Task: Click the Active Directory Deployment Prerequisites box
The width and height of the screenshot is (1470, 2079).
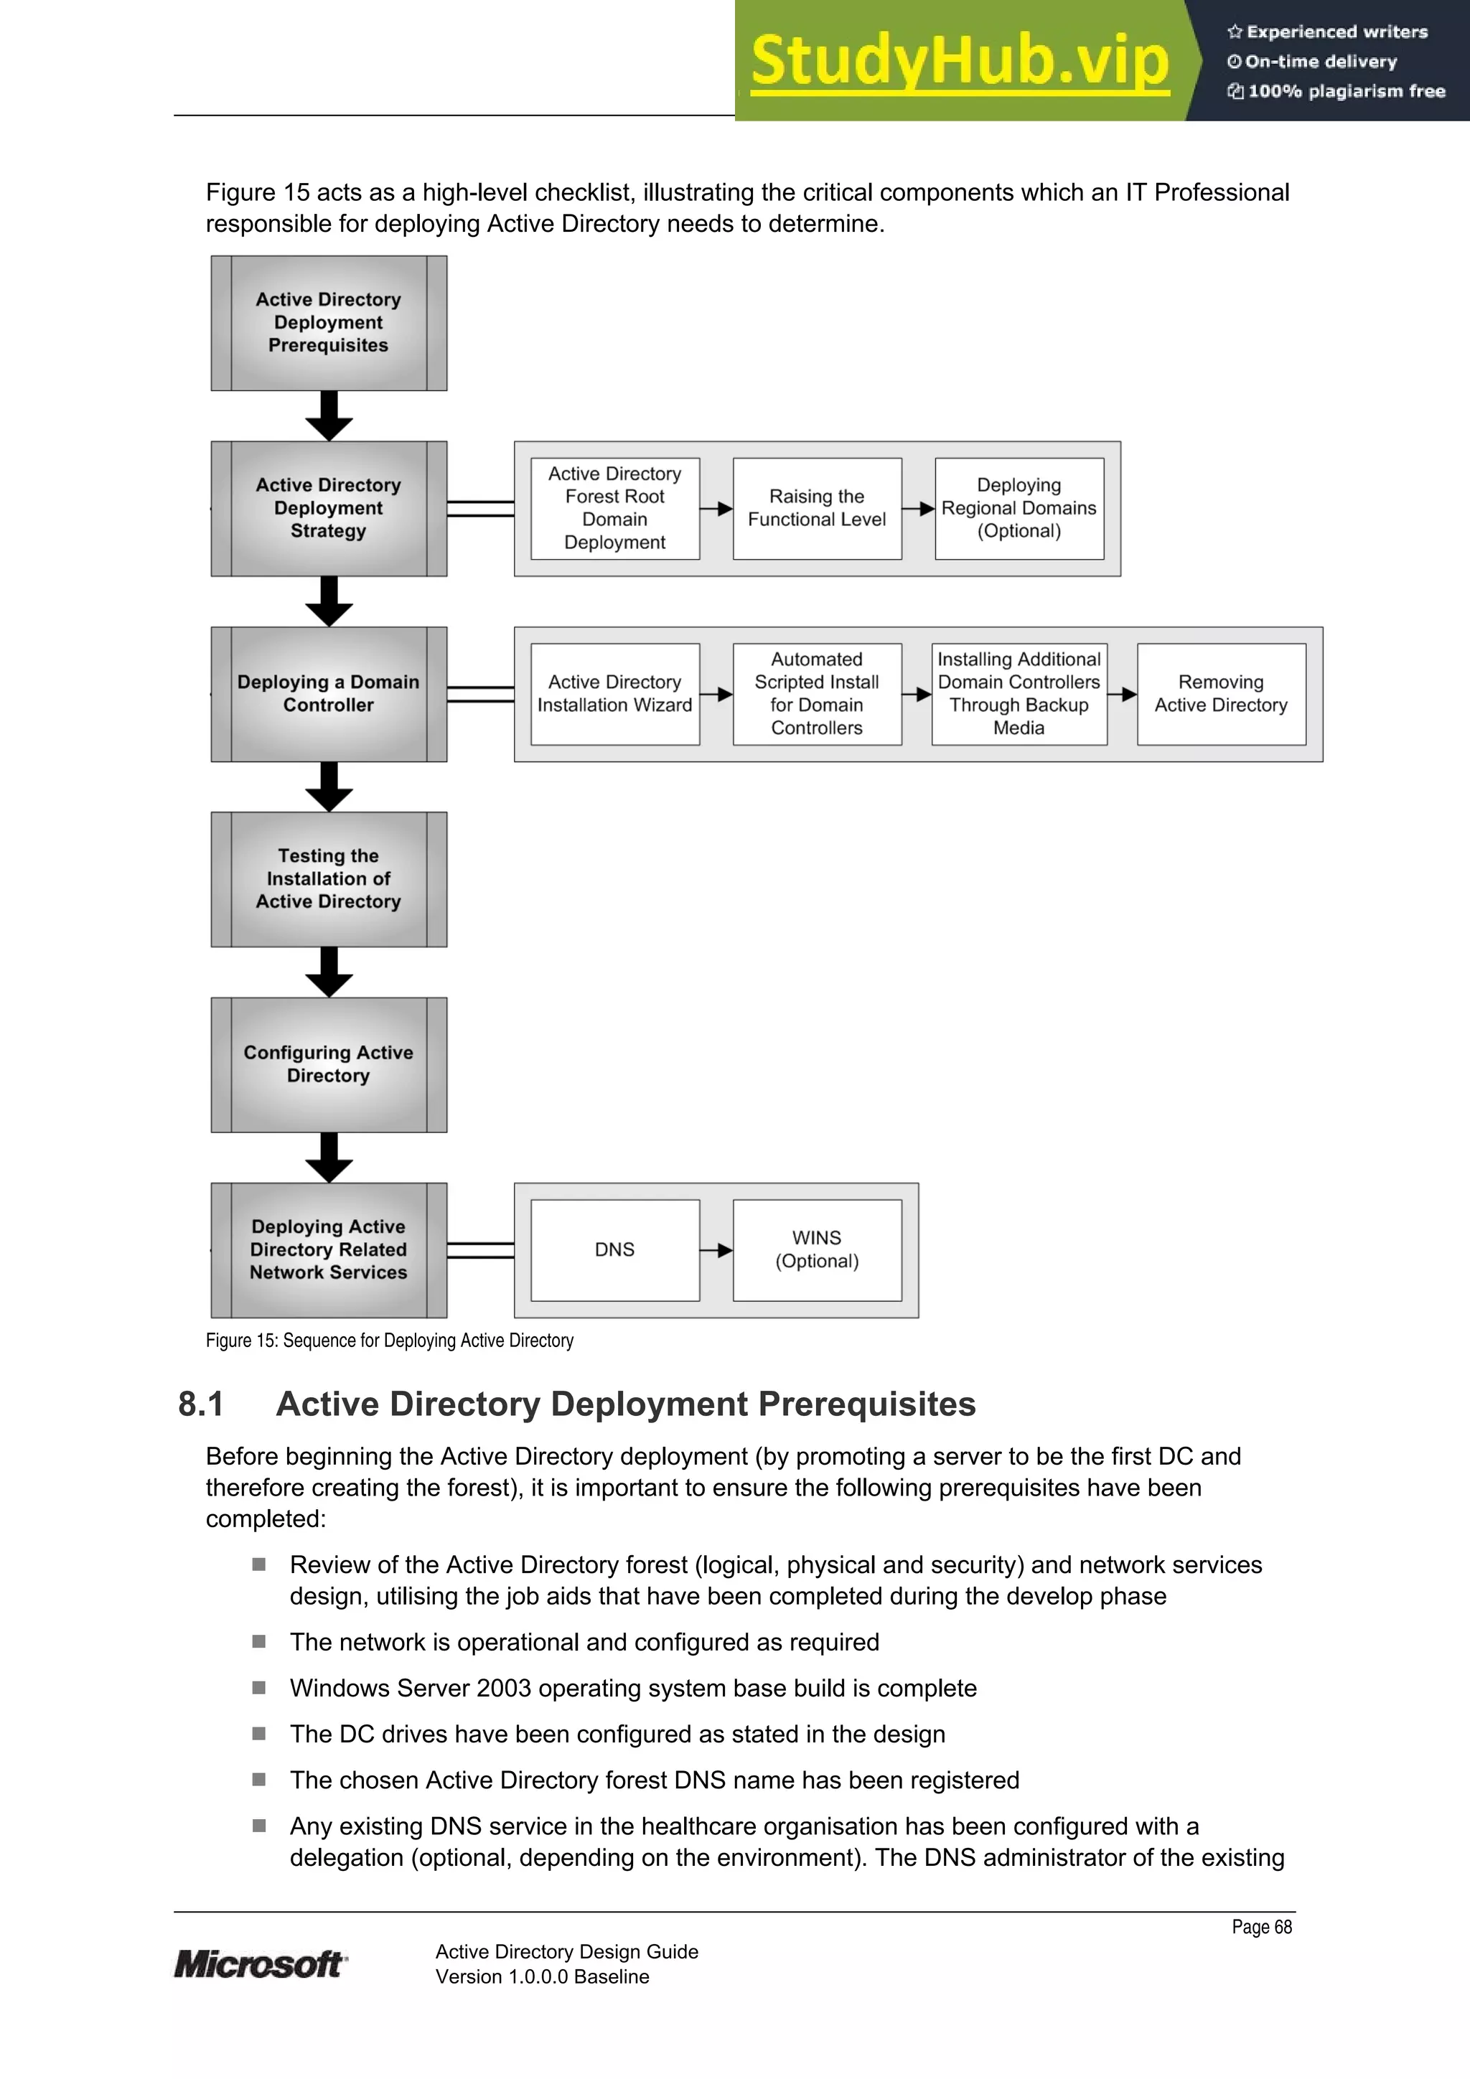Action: (x=328, y=323)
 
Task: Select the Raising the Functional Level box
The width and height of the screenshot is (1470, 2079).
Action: (x=816, y=508)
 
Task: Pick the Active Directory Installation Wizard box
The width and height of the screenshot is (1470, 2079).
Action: (x=614, y=694)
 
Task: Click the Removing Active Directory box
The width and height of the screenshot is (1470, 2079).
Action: (x=1220, y=694)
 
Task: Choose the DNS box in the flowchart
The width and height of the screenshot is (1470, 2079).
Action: (x=614, y=1249)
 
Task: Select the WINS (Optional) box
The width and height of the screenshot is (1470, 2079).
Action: (x=816, y=1249)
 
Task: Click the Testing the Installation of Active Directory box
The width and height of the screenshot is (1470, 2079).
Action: (x=328, y=879)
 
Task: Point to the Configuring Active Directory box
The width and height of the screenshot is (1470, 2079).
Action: (x=328, y=1065)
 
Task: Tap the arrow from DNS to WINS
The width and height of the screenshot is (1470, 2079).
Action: (x=716, y=1250)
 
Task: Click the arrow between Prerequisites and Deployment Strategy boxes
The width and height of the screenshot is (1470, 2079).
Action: (x=329, y=416)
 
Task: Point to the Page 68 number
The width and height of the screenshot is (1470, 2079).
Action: (x=1261, y=1927)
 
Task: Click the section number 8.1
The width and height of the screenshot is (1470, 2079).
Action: (x=201, y=1404)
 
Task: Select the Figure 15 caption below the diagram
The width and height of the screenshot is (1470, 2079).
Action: (x=390, y=1340)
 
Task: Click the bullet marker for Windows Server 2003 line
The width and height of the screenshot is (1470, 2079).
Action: (x=259, y=1688)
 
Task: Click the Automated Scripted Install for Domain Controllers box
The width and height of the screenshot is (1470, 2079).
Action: (x=816, y=694)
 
